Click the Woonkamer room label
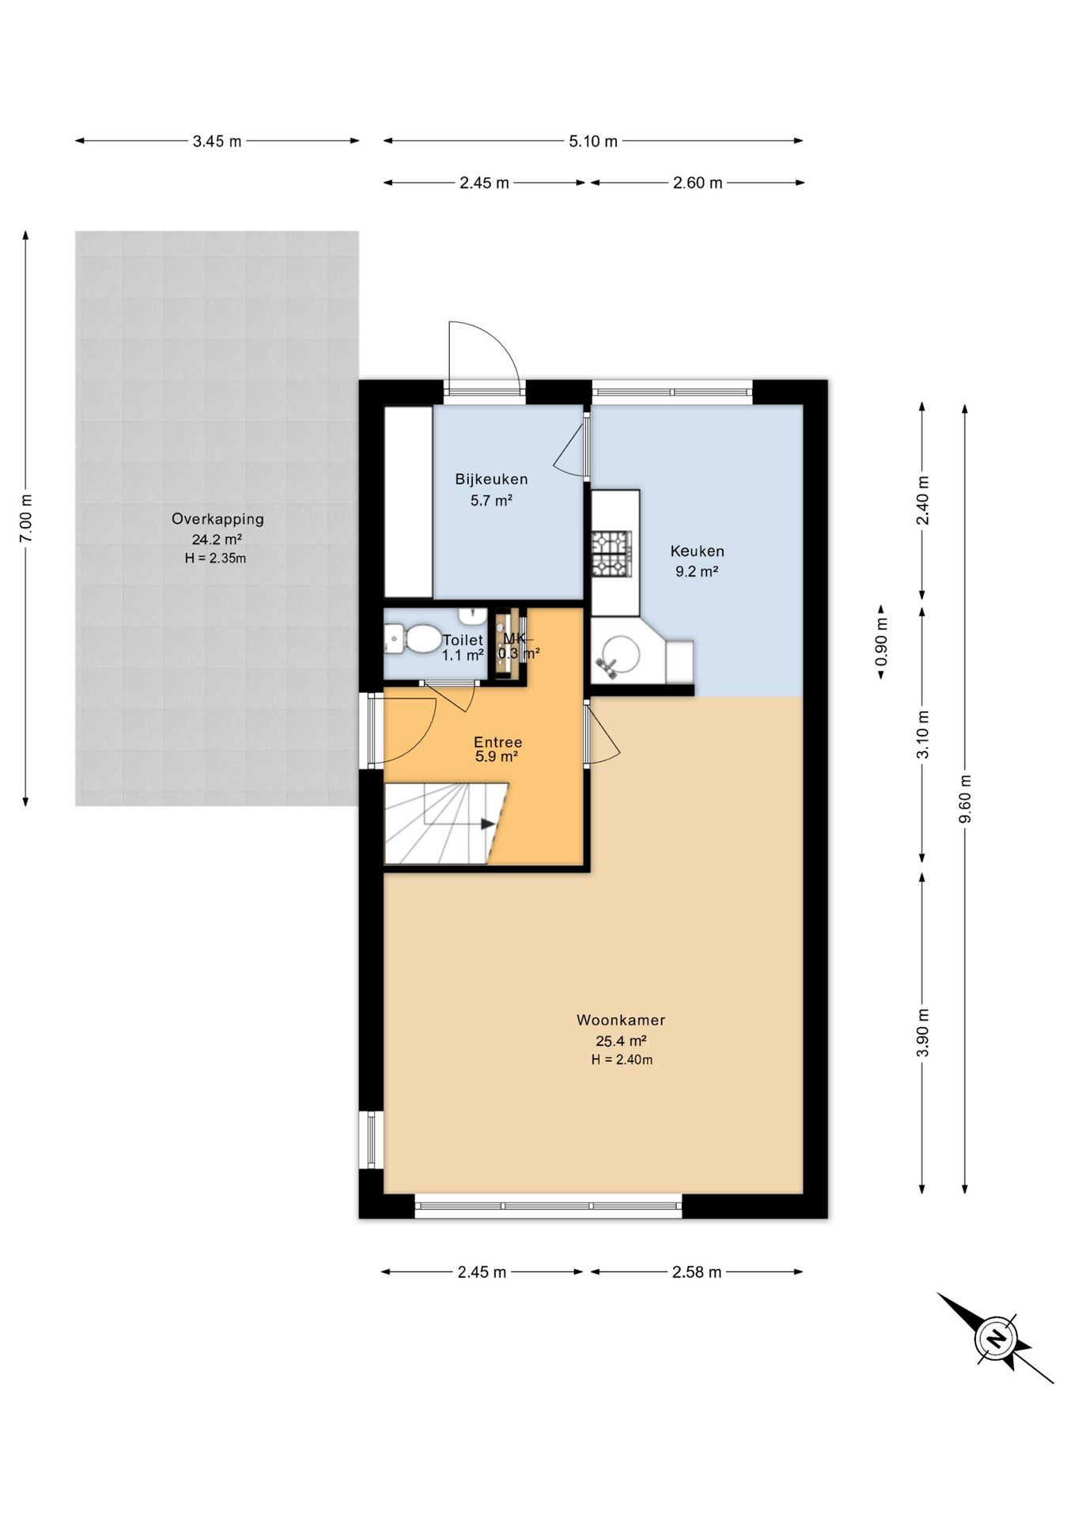621,1020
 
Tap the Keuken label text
697,551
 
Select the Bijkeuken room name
491,479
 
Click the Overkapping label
217,519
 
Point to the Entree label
497,742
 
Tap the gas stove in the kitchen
611,554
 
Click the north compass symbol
996,1338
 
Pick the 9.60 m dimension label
965,798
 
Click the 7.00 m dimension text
26,518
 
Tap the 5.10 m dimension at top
593,142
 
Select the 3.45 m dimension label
217,142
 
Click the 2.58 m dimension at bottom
697,1272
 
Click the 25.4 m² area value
621,1041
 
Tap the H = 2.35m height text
215,559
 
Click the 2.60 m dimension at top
698,184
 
